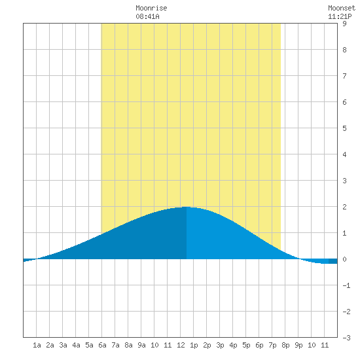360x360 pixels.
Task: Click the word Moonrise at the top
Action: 151,8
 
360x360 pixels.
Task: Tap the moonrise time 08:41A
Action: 147,16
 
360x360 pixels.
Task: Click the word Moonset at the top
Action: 342,8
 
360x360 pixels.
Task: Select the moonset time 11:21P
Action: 340,16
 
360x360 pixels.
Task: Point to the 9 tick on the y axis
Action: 344,24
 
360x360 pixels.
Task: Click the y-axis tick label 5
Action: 344,128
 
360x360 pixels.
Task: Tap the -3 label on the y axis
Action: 346,338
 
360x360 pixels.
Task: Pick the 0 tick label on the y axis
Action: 344,259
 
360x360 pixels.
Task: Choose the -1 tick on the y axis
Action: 346,285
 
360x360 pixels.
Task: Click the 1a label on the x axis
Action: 37,345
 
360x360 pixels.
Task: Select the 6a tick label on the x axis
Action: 102,345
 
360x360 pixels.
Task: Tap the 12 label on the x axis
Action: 181,345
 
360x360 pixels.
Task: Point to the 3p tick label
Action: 220,345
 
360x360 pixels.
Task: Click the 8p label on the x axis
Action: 285,345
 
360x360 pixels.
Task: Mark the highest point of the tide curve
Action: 187,207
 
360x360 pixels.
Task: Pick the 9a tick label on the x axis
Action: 141,345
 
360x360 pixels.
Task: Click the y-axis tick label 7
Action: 344,76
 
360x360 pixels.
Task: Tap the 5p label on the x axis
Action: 246,345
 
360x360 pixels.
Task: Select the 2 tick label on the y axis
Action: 344,207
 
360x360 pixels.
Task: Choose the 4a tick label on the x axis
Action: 76,345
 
